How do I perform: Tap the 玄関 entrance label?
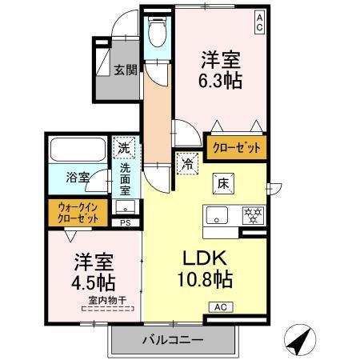[x=122, y=70]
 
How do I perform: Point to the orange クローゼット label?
[x=236, y=147]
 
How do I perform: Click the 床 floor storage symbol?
[x=224, y=183]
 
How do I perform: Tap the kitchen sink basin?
[x=218, y=214]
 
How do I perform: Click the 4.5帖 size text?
[x=94, y=282]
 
